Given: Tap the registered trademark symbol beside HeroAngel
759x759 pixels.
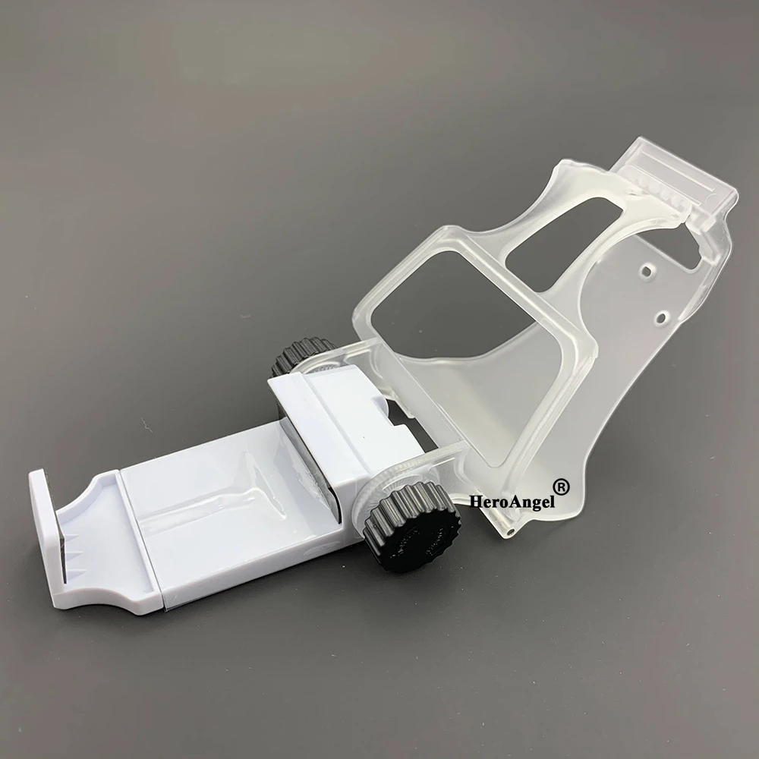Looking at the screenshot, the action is (561, 487).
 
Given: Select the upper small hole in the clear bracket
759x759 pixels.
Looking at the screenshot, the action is (646, 271).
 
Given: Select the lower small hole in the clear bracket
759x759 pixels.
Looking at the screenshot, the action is (660, 317).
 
